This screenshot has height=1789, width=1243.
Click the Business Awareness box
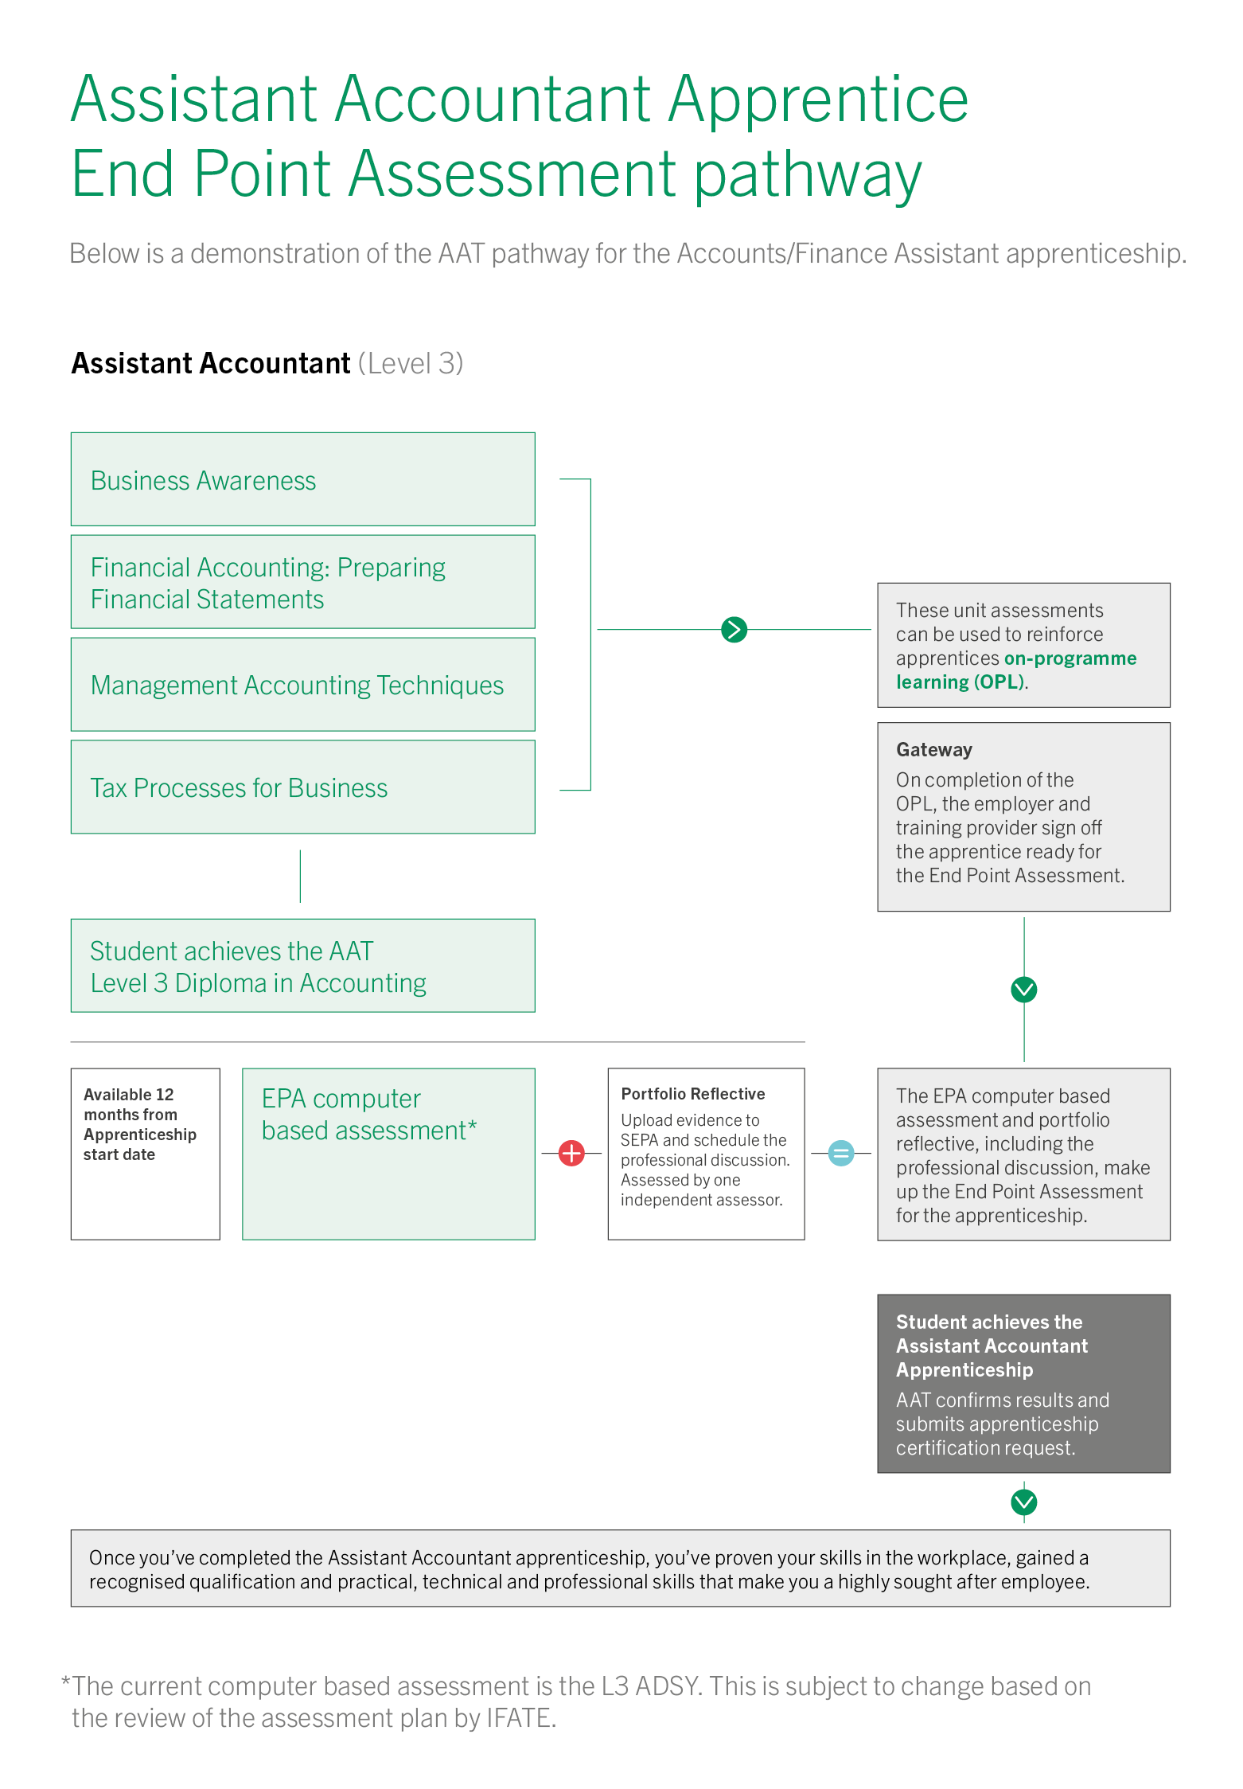(302, 479)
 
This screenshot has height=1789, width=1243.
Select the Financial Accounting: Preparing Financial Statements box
(302, 582)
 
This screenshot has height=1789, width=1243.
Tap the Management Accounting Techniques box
(302, 685)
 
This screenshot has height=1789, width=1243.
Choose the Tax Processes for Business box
(302, 787)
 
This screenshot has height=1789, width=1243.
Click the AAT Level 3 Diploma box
(302, 966)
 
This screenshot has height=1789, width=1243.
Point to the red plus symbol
(571, 1153)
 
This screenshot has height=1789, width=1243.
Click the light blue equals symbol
(841, 1153)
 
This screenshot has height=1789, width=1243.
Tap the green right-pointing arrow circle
(734, 630)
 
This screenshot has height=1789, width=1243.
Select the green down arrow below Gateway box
(1023, 990)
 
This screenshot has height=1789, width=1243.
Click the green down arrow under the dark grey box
(1023, 1502)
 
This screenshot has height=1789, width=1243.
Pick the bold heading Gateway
(934, 750)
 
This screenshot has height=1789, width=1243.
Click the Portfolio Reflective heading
(692, 1094)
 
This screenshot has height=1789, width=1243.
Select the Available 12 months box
(145, 1154)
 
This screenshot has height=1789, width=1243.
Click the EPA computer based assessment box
(388, 1154)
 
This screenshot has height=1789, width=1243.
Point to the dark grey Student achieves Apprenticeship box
(1023, 1384)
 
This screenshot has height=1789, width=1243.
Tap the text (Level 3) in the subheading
(411, 364)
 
